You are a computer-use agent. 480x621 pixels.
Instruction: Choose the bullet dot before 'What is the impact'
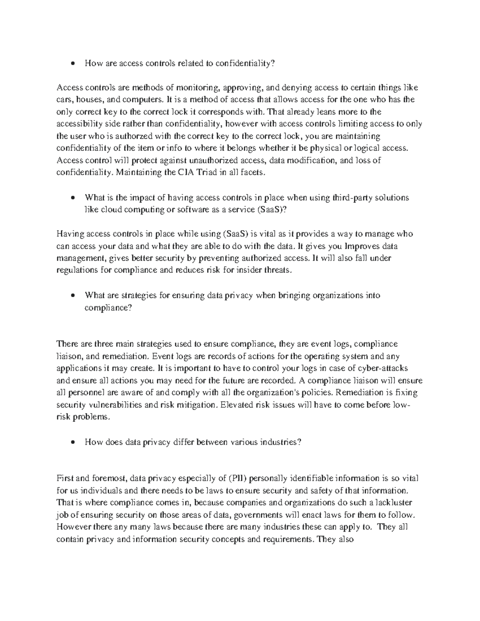click(x=72, y=198)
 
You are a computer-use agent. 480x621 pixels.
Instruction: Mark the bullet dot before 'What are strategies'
click(x=72, y=296)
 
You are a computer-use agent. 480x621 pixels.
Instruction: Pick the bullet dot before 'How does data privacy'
click(x=72, y=442)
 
